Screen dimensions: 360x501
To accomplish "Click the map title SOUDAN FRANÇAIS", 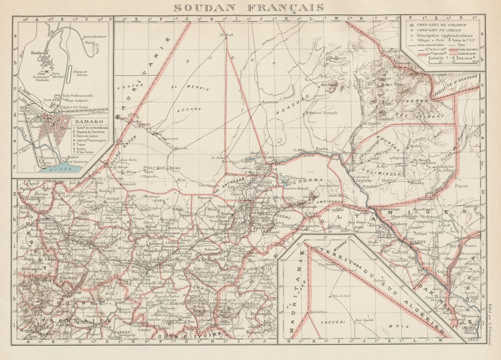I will [248, 8].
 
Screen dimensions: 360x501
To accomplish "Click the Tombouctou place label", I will [276, 157].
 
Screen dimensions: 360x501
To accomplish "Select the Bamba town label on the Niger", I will [322, 149].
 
